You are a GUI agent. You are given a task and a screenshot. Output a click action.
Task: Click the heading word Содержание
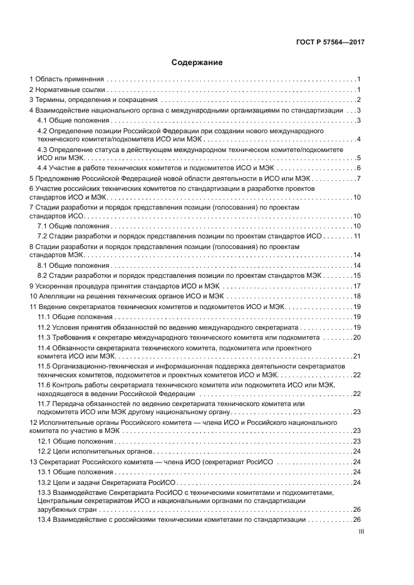197,63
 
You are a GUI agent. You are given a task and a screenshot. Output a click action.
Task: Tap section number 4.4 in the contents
43,168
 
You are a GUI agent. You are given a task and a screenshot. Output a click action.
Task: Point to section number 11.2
44,327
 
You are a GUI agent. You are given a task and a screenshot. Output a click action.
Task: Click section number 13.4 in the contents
44,519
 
